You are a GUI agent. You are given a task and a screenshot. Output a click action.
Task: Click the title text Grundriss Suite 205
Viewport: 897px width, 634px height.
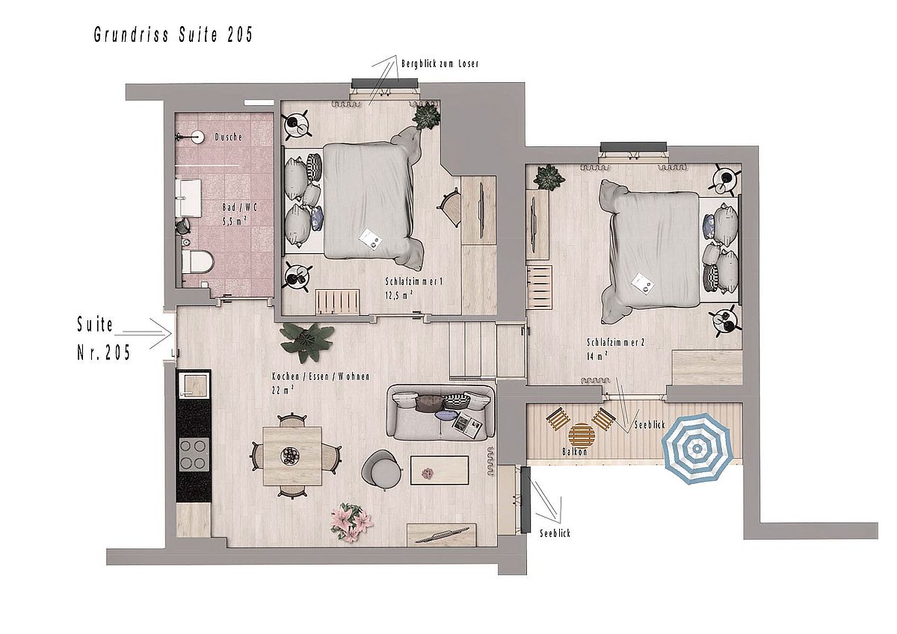pos(173,35)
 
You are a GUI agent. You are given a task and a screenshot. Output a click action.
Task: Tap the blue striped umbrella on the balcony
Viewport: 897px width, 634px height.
pos(697,448)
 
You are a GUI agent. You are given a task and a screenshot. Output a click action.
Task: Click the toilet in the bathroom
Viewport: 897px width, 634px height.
pos(197,262)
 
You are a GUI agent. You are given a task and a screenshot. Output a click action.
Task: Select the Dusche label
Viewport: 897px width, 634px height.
pos(229,137)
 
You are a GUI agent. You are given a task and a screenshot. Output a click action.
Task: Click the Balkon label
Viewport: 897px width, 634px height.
pos(575,452)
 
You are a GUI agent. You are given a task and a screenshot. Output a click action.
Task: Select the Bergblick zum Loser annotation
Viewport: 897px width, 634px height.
pos(440,64)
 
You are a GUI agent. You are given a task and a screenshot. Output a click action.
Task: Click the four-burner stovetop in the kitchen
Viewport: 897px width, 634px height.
pos(194,454)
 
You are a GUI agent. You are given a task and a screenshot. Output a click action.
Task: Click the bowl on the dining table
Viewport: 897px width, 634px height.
pos(289,456)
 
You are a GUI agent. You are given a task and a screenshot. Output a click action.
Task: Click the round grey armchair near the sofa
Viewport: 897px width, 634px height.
pos(382,470)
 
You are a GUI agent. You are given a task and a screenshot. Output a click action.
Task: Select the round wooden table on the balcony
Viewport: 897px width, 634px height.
pos(581,435)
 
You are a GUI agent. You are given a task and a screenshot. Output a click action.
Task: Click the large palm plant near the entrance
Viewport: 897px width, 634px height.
pos(306,343)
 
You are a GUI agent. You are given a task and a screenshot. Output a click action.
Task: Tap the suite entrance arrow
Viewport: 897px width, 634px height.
pos(147,333)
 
